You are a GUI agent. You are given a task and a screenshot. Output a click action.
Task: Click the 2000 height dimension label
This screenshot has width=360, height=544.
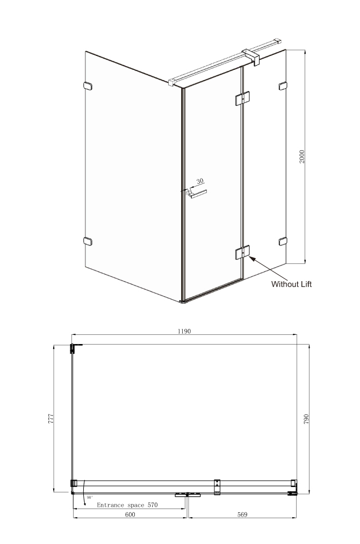pos(302,156)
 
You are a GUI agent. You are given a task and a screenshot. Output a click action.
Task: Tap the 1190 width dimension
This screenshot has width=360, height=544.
pos(184,331)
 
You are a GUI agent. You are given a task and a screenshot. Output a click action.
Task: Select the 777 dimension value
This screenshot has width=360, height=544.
pos(51,419)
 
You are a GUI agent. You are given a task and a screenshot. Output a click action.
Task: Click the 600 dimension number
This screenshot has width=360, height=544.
pos(129,514)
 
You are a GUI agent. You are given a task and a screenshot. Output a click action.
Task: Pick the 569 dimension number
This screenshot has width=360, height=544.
pos(242,514)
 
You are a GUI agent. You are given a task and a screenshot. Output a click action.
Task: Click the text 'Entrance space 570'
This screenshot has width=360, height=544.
pos(127,505)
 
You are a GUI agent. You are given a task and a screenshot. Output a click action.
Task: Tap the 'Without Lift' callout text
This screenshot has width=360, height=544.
pos(291,284)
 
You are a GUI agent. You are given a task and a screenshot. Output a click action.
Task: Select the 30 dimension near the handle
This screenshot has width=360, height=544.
pos(200,181)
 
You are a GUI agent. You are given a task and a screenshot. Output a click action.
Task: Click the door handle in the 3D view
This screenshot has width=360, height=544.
pos(196,194)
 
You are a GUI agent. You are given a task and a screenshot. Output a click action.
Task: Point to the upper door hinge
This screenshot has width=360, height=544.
pos(242,98)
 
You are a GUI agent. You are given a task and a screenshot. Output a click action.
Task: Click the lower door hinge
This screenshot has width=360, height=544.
pos(242,252)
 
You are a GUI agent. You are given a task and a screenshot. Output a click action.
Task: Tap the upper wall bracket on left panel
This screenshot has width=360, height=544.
pos(88,86)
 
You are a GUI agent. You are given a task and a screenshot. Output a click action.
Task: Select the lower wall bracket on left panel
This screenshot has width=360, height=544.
pos(88,241)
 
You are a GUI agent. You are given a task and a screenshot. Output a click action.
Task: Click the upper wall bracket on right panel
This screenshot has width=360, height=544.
pos(283,85)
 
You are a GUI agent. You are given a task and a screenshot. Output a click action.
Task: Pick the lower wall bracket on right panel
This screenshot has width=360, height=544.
pos(283,241)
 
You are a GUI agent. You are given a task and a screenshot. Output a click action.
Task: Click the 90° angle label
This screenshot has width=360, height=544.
pos(90,497)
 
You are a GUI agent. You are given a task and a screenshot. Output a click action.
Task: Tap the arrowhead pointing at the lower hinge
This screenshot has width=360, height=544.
pos(252,259)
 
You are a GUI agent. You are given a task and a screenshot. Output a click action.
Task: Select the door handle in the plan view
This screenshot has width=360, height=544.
pos(188,495)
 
